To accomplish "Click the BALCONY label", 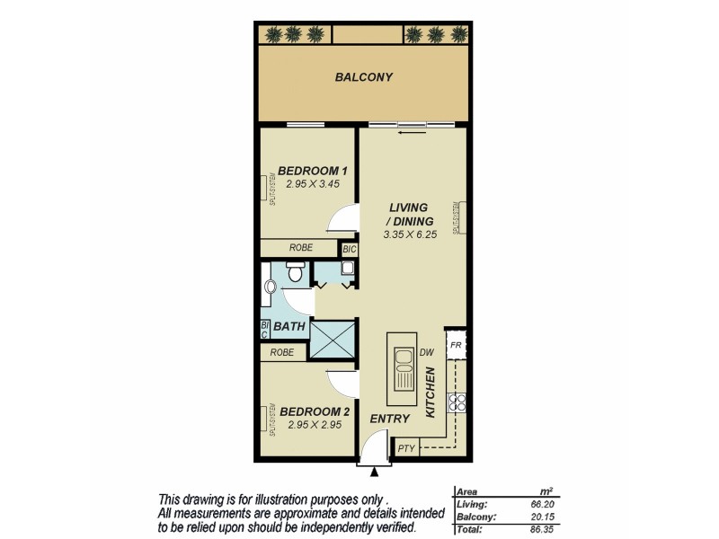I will (364, 77).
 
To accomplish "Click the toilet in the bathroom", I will (295, 270).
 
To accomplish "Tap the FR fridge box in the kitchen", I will (456, 344).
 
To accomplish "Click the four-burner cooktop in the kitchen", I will (457, 403).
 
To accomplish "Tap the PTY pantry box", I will (405, 447).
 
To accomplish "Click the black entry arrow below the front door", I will (375, 470).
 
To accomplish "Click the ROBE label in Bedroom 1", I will (300, 248).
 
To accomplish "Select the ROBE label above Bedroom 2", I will (282, 353).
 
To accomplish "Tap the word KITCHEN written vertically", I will (431, 393).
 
